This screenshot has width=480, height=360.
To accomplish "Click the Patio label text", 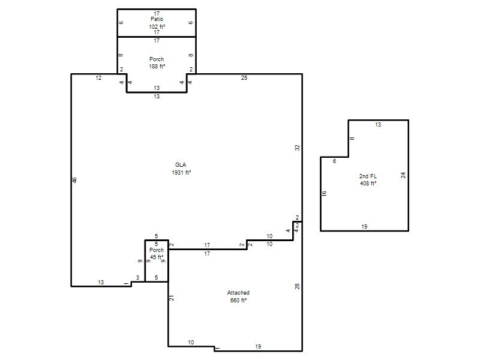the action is point(157,19).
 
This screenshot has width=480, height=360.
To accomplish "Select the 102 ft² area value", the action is point(157,26).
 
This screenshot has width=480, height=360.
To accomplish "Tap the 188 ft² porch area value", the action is point(157,66).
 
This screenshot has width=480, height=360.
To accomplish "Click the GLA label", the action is point(181,164).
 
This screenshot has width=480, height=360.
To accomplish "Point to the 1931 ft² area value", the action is point(181,172).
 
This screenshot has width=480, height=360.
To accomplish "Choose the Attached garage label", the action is point(238,293).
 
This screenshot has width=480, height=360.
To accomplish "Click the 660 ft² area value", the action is point(238,301).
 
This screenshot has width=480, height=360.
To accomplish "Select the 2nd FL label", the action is point(368,176).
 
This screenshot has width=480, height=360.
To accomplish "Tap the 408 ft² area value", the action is point(368,184).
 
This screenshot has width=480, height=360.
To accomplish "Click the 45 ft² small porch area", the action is point(157,257).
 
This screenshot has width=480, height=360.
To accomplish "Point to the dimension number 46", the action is point(74,180).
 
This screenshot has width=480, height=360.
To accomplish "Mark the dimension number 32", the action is point(298,148).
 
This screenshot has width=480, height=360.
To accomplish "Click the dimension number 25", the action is point(244,78).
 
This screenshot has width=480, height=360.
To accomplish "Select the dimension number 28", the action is point(297,287).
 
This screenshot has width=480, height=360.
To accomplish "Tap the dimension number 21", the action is point(172,298).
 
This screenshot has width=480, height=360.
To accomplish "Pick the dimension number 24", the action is point(403,175).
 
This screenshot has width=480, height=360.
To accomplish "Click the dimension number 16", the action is point(325,193).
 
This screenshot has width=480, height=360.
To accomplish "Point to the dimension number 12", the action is point(98,78).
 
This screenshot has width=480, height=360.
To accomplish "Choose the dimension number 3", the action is point(138,278).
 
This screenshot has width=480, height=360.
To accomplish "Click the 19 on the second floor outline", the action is point(364,227).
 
